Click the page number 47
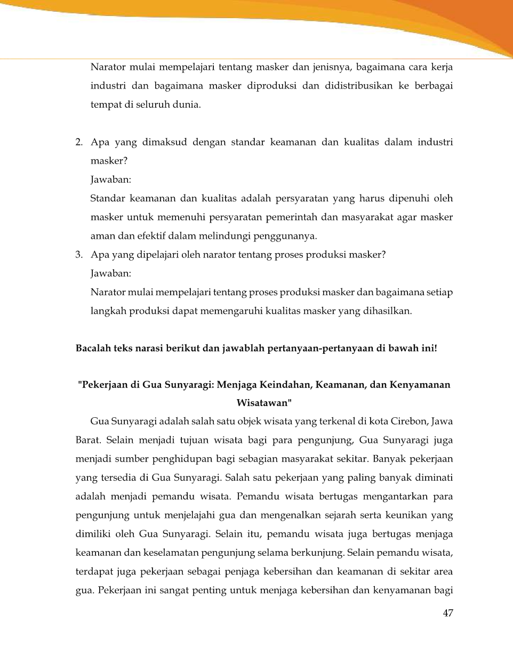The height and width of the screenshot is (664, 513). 447,613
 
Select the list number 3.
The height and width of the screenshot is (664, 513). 78,255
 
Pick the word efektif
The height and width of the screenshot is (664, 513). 151,236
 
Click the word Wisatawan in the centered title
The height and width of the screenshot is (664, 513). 263,403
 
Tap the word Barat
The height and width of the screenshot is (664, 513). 88,441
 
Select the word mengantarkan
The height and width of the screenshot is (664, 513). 395,497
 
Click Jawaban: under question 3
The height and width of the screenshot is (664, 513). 111,273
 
